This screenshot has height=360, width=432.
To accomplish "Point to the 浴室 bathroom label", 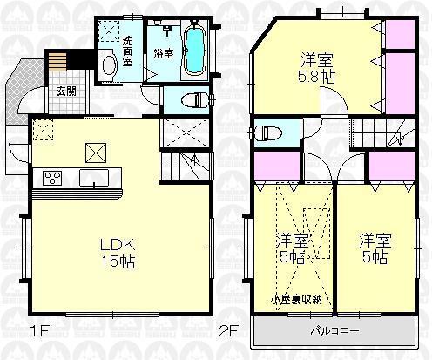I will pos(162,53).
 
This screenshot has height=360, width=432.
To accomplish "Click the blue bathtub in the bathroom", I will pos(194,51).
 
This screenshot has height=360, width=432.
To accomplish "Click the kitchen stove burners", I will pos(51,179).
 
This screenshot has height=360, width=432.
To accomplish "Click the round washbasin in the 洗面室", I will pos(109,65).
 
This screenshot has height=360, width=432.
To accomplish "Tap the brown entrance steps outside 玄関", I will pos(57,63).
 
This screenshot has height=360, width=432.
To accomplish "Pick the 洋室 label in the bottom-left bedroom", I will pos(292,241).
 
